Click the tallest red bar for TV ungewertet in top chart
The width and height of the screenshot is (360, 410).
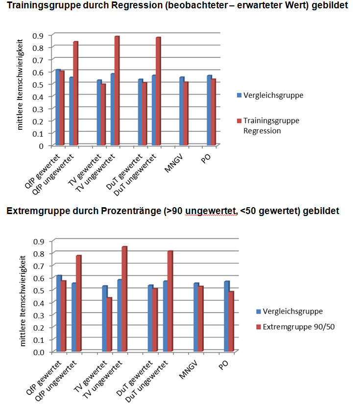tap(117, 91)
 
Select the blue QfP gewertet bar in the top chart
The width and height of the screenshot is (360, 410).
tap(58, 108)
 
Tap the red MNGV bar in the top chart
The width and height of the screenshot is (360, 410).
tap(186, 114)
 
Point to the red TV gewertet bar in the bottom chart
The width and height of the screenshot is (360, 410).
tap(109, 324)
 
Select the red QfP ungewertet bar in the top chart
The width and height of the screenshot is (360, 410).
tap(76, 93)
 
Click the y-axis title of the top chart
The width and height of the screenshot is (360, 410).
tap(21, 91)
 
